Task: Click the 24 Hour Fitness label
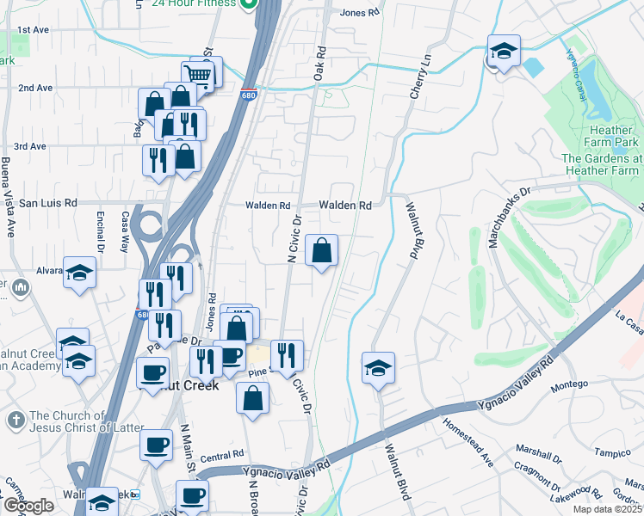[x=193, y=3]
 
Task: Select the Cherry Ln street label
[x=418, y=77]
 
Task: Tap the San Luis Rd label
[x=48, y=204]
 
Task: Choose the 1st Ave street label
[x=33, y=29]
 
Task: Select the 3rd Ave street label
[x=29, y=146]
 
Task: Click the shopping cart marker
[x=199, y=74]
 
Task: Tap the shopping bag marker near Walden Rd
[x=321, y=251]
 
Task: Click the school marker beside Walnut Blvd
[x=378, y=369]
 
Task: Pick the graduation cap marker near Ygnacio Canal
[x=504, y=52]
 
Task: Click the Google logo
[x=28, y=506]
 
